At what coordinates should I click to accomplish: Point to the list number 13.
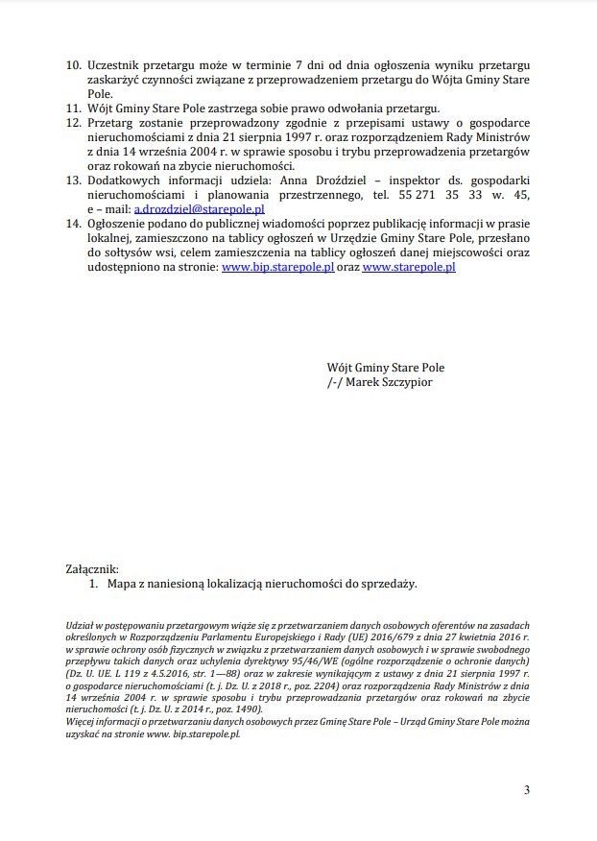click(72, 180)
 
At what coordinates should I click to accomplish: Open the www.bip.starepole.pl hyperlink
click(277, 268)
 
